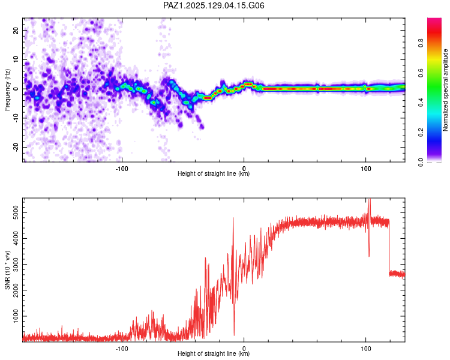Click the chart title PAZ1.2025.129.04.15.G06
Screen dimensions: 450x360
(x=214, y=5)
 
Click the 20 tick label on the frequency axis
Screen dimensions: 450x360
(x=16, y=31)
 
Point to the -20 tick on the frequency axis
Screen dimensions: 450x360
(x=16, y=148)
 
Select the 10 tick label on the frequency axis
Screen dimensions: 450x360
(x=16, y=59)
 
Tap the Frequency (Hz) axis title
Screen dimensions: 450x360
(x=7, y=89)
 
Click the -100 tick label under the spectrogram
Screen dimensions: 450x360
(x=122, y=169)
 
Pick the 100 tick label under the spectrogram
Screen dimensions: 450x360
(x=365, y=169)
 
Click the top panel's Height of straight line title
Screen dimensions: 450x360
(x=214, y=173)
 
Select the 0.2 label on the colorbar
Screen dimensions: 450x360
(x=421, y=133)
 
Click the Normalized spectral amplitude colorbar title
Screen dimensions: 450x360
(x=445, y=89)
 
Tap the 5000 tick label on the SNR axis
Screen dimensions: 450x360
(x=16, y=212)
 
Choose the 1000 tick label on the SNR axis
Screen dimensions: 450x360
(x=16, y=316)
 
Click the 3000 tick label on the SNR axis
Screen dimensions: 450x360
(x=16, y=264)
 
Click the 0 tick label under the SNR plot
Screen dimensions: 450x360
(x=244, y=349)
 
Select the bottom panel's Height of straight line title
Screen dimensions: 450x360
(x=214, y=353)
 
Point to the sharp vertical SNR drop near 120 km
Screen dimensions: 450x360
(x=389, y=247)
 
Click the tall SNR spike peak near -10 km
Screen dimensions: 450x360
(x=233, y=218)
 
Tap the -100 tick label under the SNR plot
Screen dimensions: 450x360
(x=122, y=349)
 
